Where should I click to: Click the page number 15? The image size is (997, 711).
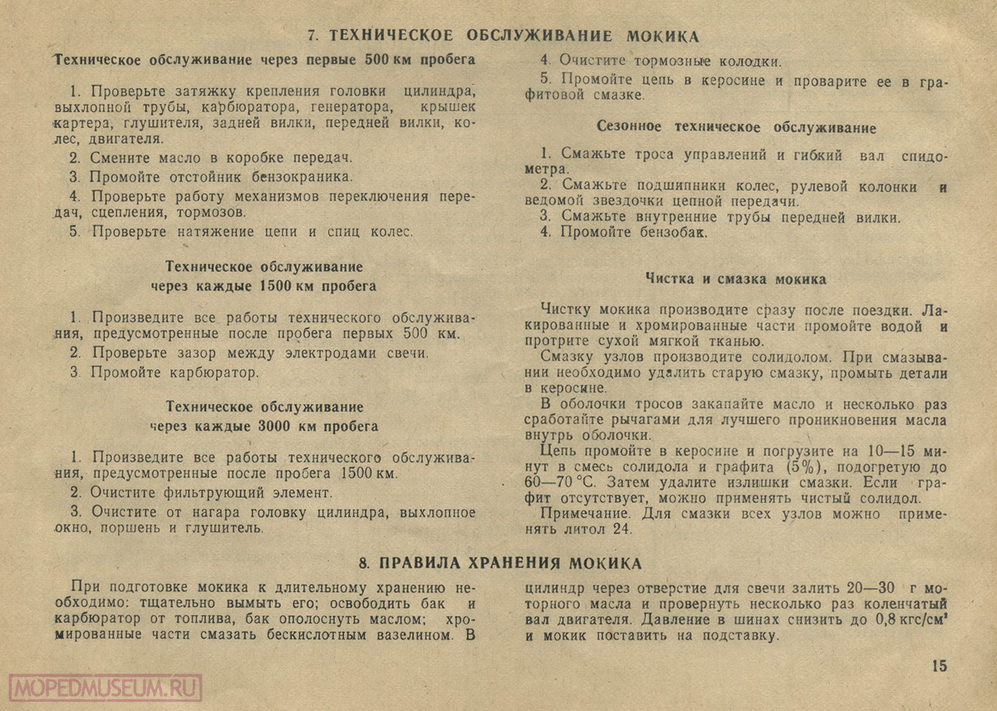(x=939, y=665)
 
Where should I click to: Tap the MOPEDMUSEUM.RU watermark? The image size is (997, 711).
(x=106, y=688)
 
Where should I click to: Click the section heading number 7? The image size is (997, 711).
(x=312, y=36)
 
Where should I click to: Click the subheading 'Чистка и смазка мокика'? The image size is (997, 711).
(x=735, y=279)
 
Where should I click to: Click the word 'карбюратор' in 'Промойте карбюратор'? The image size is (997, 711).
(x=216, y=372)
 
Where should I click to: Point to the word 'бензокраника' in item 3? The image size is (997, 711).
(x=298, y=176)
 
